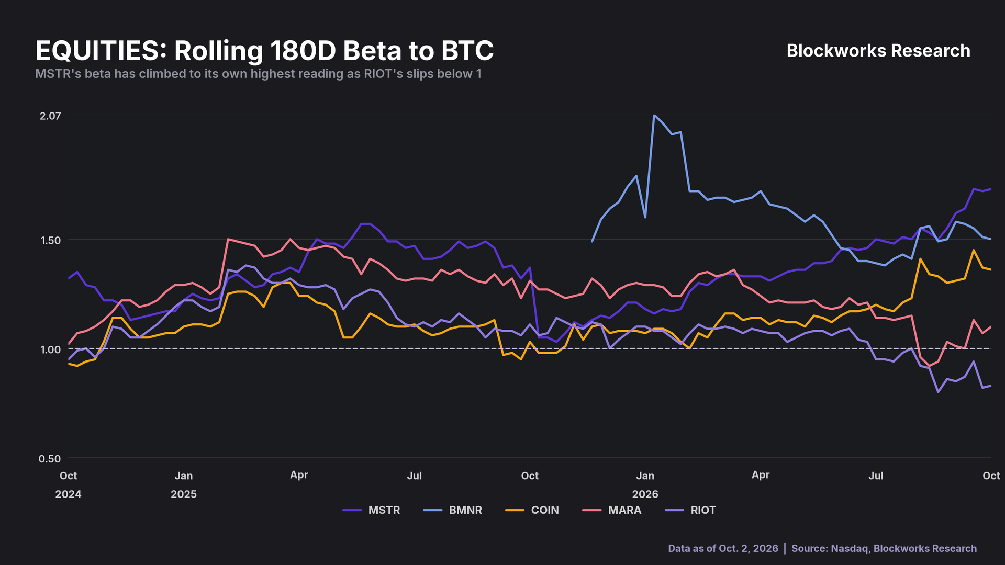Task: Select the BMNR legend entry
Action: [452, 510]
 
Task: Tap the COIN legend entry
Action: [532, 510]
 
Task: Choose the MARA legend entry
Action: [611, 510]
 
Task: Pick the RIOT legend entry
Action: [690, 510]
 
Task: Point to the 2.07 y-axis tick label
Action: [50, 116]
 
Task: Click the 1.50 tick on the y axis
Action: [50, 240]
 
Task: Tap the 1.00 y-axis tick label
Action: [50, 349]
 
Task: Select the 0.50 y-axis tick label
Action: [50, 459]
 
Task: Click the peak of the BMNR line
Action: [654, 115]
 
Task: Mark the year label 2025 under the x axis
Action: [184, 494]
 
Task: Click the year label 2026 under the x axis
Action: [645, 494]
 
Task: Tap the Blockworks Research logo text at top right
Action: [878, 51]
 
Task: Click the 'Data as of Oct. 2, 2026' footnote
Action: [723, 548]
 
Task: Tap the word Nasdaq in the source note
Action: [850, 548]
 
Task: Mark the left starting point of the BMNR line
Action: [592, 241]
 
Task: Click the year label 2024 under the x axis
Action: [68, 494]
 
